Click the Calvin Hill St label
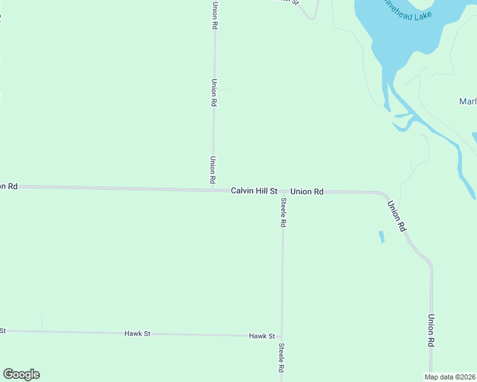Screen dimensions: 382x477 tap(254, 191)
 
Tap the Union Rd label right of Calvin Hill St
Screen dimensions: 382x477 tap(307, 192)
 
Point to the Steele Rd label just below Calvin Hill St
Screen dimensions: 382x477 tap(283, 213)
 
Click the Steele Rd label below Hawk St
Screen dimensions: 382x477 tap(281, 358)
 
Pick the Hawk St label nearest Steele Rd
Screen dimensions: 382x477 tap(261, 336)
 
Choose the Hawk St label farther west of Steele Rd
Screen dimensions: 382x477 tap(137, 334)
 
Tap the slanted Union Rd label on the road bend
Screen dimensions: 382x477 tap(397, 216)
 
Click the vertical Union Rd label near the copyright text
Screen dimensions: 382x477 tap(431, 330)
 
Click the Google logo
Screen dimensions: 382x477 tap(21, 374)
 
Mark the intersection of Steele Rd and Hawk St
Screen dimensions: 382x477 tap(281, 336)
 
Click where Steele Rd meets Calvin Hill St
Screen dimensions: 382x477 tap(283, 191)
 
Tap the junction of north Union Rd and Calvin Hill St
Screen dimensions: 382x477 tap(212, 189)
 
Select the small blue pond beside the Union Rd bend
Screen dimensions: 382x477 tap(381, 237)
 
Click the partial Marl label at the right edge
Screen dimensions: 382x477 tap(467, 102)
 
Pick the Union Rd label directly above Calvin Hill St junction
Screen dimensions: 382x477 tap(212, 171)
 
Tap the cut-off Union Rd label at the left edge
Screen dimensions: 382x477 tap(8, 187)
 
